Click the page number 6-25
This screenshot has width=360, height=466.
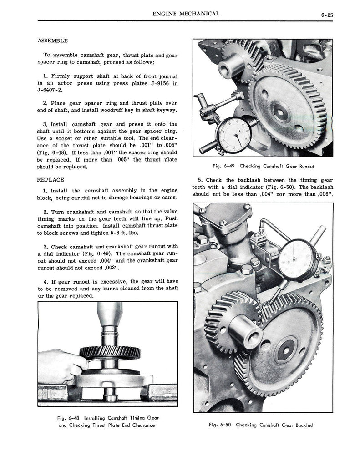(327, 15)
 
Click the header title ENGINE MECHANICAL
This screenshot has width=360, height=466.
(186, 14)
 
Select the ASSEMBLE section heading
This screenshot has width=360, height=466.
(52, 41)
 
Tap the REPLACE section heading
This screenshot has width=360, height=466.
(50, 179)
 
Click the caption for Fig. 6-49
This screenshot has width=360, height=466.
(263, 166)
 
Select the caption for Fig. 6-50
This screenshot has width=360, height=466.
(262, 425)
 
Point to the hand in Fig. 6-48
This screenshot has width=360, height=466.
(61, 365)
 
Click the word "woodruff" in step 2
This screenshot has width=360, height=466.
(121, 110)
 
